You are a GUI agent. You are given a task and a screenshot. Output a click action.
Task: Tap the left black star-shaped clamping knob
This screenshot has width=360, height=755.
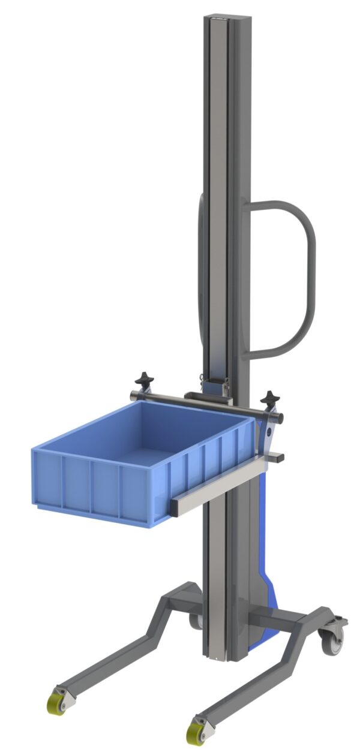pyautogui.click(x=143, y=379)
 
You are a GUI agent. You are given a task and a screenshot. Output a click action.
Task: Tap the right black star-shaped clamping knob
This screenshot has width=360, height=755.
pyautogui.click(x=270, y=398)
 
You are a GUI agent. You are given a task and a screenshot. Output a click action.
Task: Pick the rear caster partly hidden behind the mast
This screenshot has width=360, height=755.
pyautogui.click(x=196, y=621)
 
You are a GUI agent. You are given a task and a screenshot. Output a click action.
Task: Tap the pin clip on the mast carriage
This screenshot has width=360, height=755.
pyautogui.click(x=202, y=379)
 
